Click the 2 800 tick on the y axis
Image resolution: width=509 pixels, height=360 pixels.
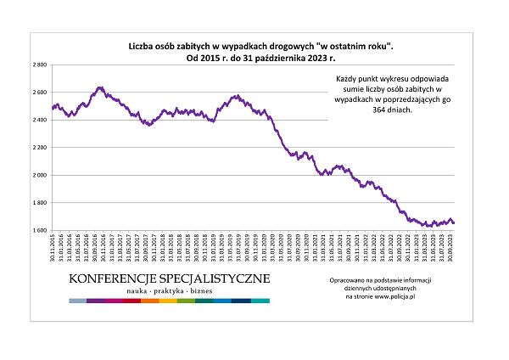pyautogui.click(x=39, y=65)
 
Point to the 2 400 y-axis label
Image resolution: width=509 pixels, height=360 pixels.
pyautogui.click(x=39, y=120)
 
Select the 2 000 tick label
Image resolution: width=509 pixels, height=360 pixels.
pyautogui.click(x=39, y=175)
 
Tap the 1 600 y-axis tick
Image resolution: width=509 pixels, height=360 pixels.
pyautogui.click(x=39, y=230)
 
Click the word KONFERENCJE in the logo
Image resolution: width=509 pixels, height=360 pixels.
pyautogui.click(x=112, y=278)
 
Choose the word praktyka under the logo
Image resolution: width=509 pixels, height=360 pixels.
pyautogui.click(x=171, y=291)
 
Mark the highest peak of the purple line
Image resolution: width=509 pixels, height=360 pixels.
pyautogui.click(x=100, y=87)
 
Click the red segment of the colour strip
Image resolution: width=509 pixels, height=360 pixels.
pyautogui.click(x=131, y=301)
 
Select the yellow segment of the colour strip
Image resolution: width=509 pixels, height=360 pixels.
pyautogui.click(x=168, y=301)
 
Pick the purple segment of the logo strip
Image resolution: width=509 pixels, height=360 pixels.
pyautogui.click(x=95, y=301)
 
